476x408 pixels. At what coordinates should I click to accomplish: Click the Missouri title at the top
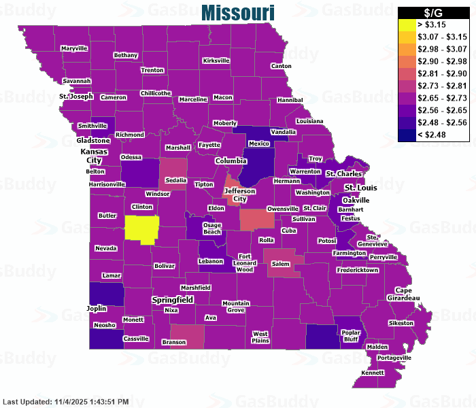(x=238, y=12)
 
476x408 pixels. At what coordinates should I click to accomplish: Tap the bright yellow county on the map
(x=142, y=228)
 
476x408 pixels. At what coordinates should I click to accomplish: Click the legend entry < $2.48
(x=407, y=135)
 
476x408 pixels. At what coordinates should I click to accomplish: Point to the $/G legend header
(x=433, y=12)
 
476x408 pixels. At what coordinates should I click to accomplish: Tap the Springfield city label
(x=172, y=299)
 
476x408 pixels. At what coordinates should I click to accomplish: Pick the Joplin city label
(x=97, y=308)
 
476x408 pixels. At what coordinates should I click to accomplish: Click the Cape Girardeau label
(x=404, y=294)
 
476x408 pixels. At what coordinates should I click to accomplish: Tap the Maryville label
(x=74, y=49)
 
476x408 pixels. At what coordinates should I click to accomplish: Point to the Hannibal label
(x=290, y=100)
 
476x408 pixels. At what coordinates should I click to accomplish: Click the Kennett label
(x=373, y=373)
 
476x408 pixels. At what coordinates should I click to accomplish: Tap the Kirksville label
(x=216, y=61)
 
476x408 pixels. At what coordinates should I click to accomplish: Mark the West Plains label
(x=260, y=337)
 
